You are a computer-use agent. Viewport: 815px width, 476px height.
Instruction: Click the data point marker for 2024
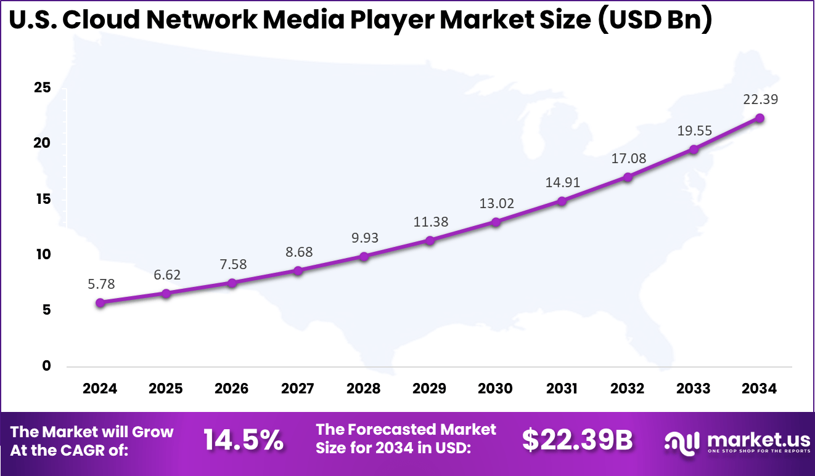(100, 302)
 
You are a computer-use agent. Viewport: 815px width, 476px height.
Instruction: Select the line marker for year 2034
(760, 118)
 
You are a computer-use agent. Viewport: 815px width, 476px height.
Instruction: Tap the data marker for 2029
(430, 240)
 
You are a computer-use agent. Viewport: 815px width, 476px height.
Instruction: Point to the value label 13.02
(497, 204)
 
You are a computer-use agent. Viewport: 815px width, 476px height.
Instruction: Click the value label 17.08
(629, 159)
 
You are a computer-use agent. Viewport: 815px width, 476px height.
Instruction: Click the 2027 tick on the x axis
(298, 389)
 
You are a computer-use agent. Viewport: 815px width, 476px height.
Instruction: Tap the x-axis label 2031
(562, 389)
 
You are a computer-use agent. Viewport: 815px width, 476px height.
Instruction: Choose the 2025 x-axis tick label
(166, 389)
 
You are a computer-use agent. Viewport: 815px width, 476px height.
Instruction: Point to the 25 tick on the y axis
(42, 88)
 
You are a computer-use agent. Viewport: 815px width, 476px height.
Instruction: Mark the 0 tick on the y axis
(46, 366)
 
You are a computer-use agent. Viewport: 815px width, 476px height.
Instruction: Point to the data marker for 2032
(628, 177)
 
